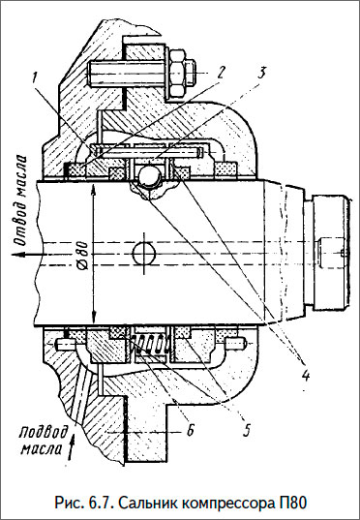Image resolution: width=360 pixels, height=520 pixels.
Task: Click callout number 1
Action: (34, 74)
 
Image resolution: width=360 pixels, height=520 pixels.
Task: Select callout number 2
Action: (221, 71)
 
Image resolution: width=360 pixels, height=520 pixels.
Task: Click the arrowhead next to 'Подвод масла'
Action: (67, 448)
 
